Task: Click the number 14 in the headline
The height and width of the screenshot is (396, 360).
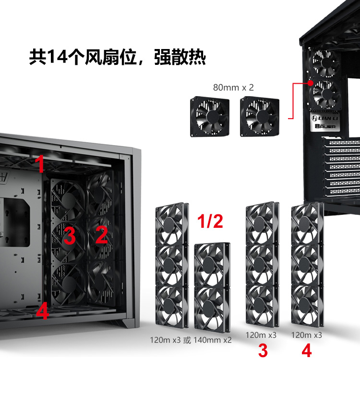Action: [57, 56]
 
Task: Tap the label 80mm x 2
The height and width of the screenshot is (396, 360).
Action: [233, 87]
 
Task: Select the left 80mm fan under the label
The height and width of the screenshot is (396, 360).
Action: [210, 116]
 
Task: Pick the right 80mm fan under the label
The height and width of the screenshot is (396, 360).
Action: [260, 116]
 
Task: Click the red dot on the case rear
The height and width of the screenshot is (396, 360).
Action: [311, 83]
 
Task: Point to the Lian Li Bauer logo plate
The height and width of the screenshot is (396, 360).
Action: [325, 122]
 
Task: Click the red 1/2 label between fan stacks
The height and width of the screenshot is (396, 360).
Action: [210, 221]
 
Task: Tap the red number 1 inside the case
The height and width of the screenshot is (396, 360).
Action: [40, 163]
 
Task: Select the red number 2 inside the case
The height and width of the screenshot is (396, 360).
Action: [102, 235]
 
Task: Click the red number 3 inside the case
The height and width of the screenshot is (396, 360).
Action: [70, 236]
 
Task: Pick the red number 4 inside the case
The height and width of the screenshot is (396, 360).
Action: [42, 311]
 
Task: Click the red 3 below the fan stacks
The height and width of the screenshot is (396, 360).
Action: [263, 351]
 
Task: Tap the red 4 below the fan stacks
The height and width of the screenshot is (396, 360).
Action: [307, 351]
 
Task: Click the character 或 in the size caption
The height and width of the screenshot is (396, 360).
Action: [187, 340]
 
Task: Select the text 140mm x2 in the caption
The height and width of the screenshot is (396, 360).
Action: [213, 340]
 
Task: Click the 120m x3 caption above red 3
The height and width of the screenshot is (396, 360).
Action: [261, 335]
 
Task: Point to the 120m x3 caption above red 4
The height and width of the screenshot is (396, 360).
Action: [307, 335]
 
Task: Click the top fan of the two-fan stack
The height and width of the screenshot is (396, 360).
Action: [212, 265]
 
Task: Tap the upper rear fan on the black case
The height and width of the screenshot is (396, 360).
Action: [324, 63]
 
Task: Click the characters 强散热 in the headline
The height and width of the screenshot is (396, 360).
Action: [180, 57]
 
